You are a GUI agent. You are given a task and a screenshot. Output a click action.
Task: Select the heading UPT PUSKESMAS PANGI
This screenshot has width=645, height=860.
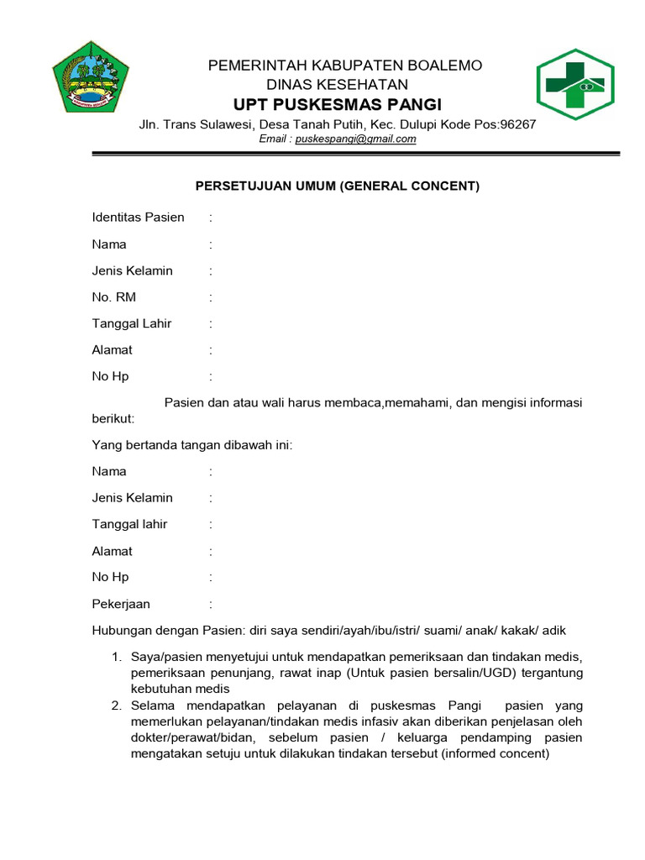click(x=338, y=104)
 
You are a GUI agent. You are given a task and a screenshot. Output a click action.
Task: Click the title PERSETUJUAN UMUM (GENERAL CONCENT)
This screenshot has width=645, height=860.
click(x=338, y=186)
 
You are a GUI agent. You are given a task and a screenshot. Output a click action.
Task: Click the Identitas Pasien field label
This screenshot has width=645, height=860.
click(x=138, y=218)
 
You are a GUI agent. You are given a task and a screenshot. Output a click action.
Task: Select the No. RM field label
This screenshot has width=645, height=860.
click(x=113, y=297)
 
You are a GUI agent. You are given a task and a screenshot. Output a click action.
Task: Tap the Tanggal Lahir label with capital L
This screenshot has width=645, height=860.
click(x=131, y=323)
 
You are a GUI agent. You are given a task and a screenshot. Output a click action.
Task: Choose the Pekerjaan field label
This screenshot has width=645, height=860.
click(x=121, y=604)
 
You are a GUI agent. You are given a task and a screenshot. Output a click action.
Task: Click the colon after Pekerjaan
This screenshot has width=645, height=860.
click(x=211, y=604)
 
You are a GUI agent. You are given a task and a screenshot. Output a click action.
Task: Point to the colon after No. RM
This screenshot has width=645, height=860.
click(x=211, y=297)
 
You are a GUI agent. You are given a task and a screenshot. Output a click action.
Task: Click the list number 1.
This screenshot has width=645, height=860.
click(x=118, y=656)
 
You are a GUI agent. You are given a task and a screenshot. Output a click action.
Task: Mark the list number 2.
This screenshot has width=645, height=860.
click(x=118, y=705)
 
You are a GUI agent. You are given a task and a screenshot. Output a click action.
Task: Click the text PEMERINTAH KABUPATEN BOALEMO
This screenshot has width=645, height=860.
click(x=345, y=66)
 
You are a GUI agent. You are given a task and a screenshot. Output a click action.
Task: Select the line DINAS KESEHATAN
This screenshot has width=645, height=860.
click(x=337, y=85)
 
